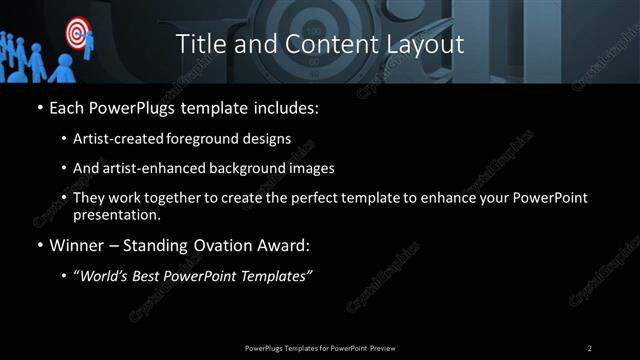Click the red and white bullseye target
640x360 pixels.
(76, 34)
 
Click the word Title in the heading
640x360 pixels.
(199, 44)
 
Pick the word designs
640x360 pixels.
(269, 138)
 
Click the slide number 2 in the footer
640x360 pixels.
(589, 347)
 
